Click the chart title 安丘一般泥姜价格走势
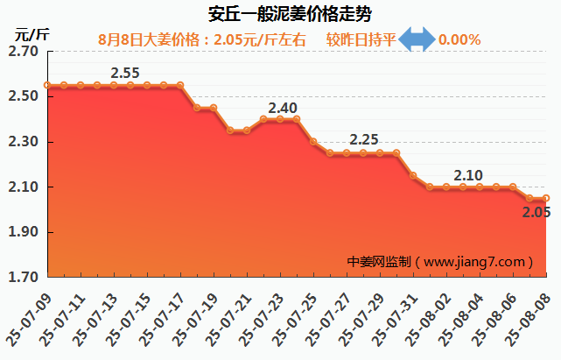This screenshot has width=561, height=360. [281, 15]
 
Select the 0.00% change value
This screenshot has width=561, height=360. [459, 39]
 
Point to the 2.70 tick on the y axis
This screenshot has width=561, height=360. [22, 52]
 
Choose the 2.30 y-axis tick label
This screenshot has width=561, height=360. [22, 142]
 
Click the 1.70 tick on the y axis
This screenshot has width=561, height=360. [22, 278]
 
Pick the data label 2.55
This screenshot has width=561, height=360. [126, 72]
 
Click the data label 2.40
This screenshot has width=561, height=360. [282, 108]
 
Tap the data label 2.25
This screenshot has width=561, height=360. [363, 139]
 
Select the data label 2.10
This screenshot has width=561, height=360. [468, 175]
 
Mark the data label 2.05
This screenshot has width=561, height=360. [536, 211]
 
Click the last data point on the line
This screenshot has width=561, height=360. [546, 198]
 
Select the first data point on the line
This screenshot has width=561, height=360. [47, 86]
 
